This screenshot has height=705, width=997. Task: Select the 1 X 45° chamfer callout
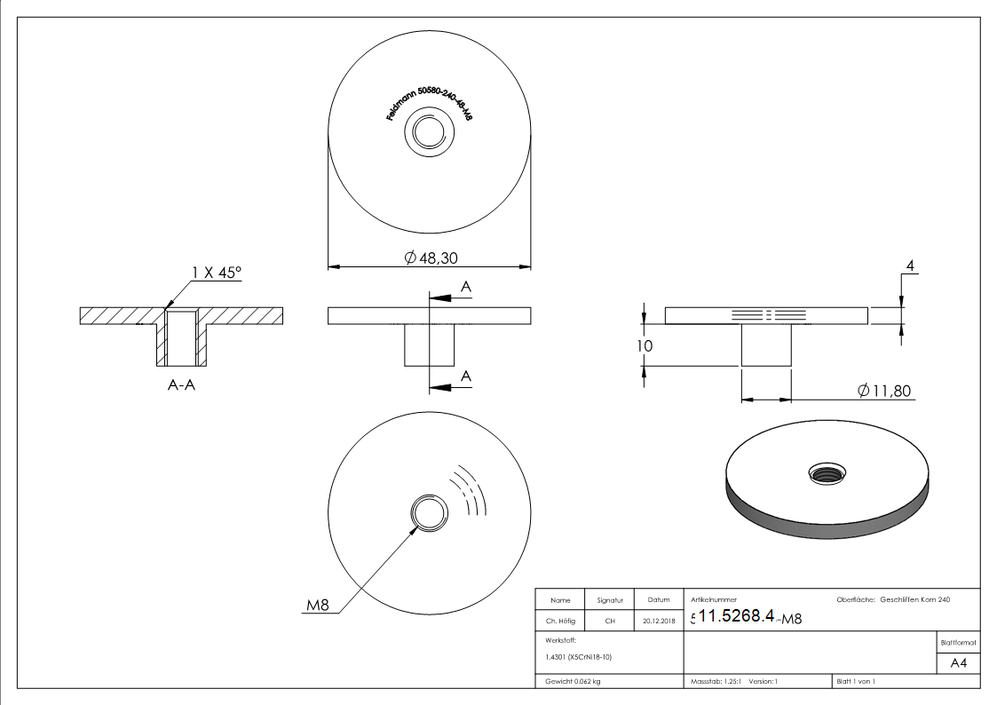217,273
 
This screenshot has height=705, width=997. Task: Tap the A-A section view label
182,386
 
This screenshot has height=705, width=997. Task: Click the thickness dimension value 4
910,265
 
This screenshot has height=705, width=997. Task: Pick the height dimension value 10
645,345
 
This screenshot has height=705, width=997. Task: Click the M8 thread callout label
318,606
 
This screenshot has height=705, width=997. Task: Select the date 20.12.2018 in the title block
658,622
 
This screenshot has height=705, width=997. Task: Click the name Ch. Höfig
560,622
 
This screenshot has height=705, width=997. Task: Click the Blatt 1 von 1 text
856,681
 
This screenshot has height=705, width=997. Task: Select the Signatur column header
610,600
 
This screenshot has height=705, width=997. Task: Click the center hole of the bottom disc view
430,513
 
